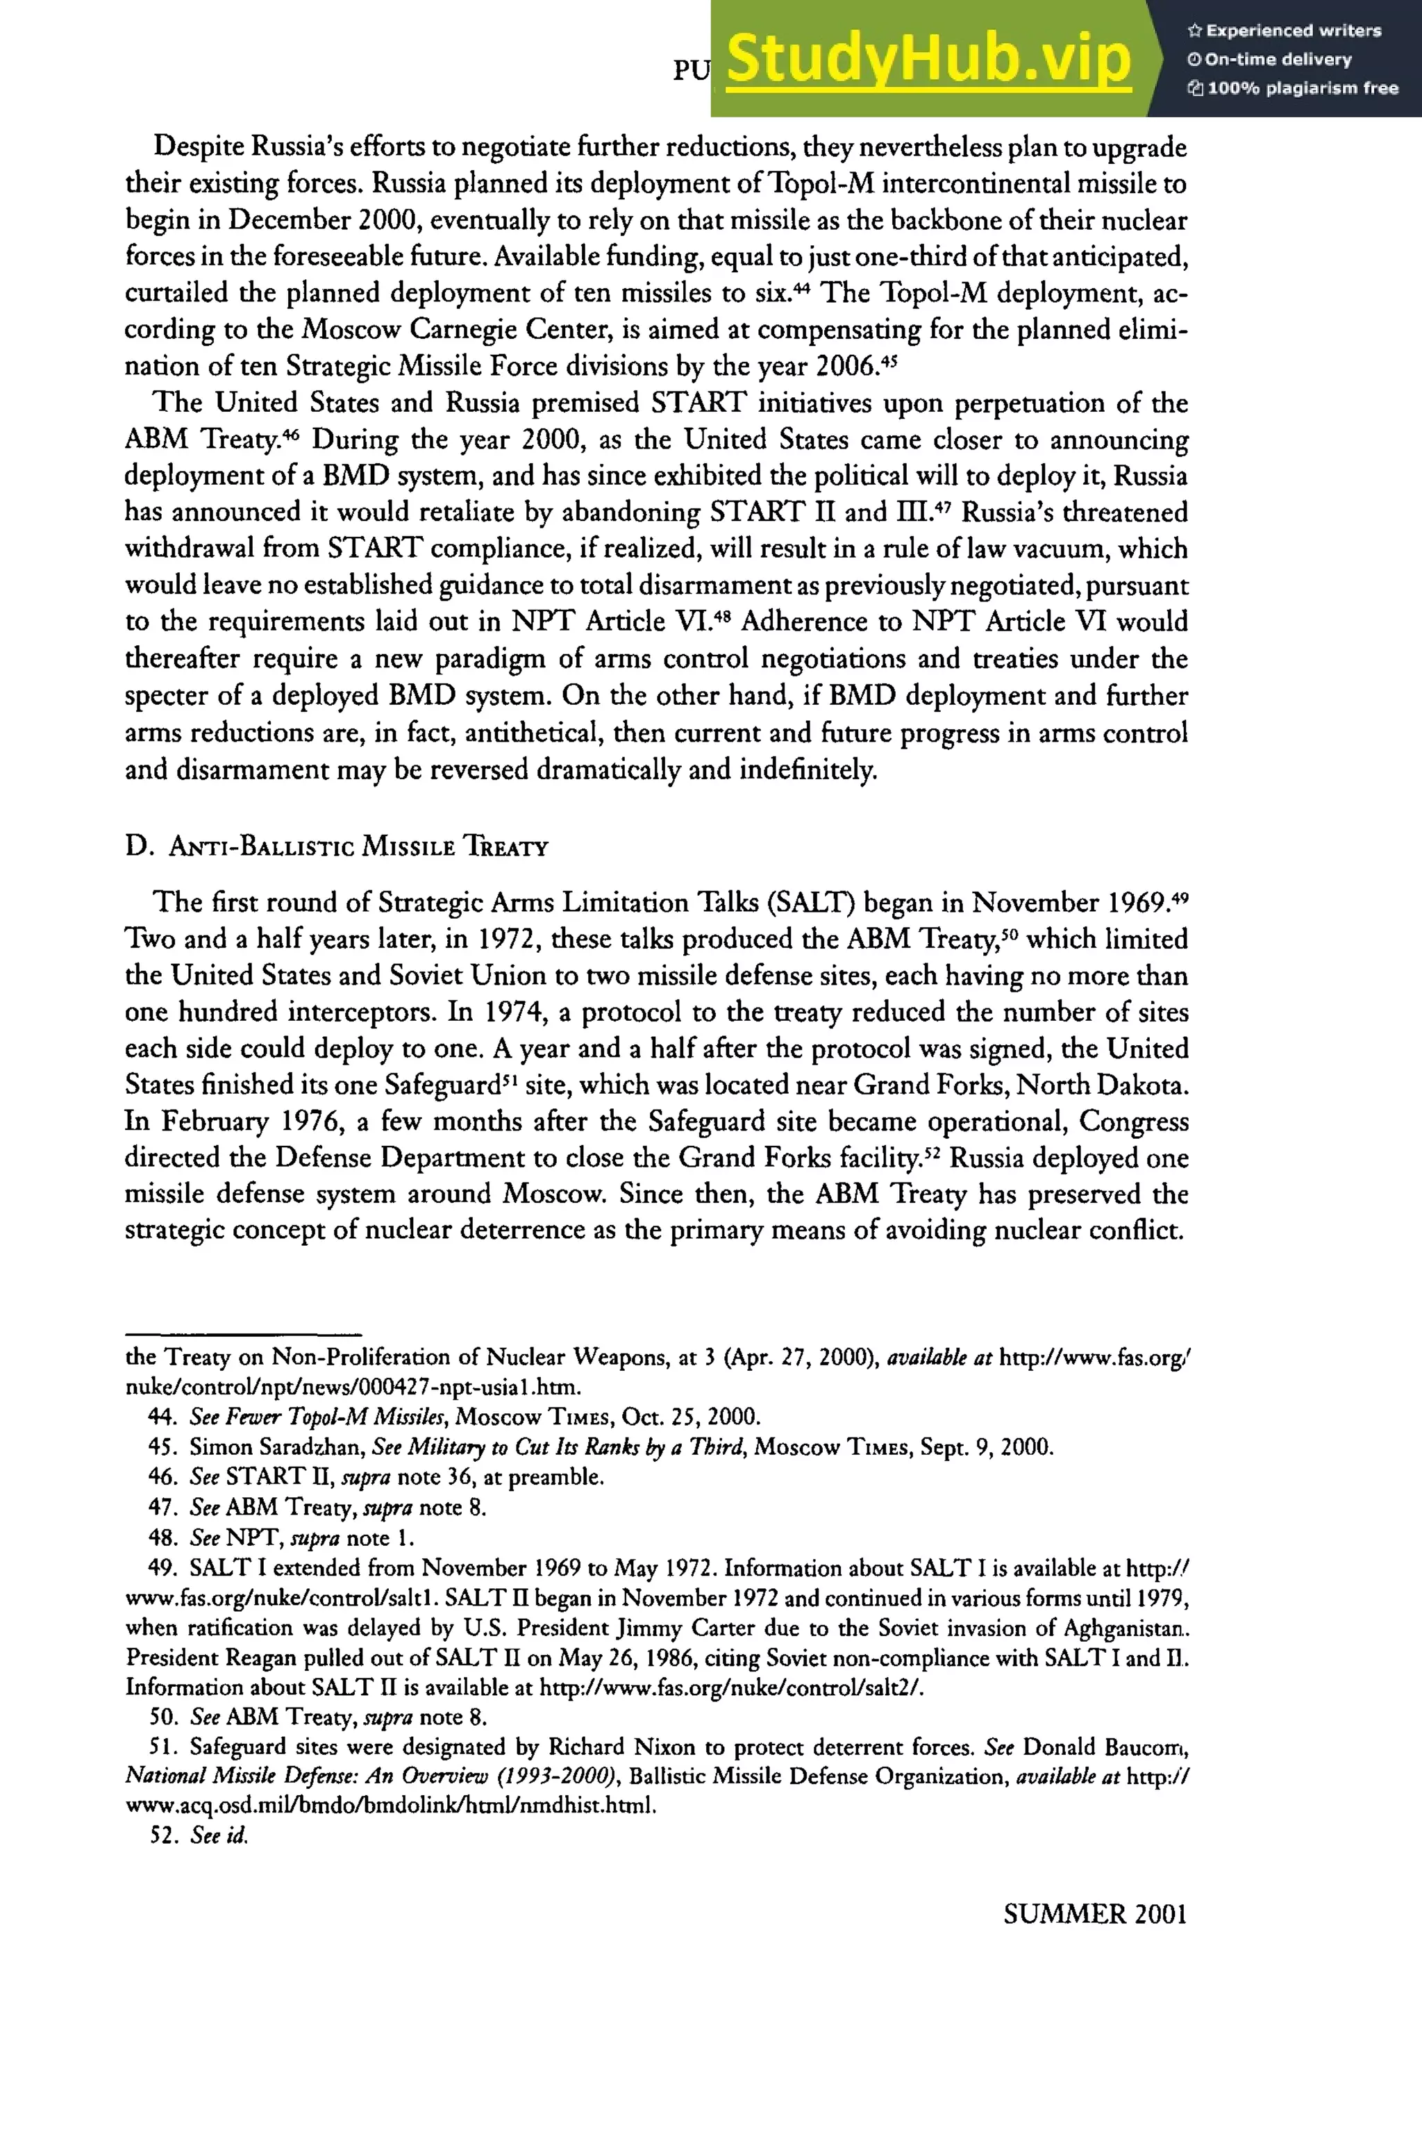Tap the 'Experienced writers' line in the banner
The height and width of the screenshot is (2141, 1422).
click(1284, 31)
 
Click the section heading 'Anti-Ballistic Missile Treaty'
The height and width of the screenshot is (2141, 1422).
click(337, 847)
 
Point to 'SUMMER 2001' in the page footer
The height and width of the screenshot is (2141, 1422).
click(1094, 1915)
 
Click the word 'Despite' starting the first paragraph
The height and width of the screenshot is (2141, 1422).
click(199, 147)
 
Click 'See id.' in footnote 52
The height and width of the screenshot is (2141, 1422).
click(219, 1835)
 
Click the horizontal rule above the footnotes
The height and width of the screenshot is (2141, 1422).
click(243, 1334)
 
